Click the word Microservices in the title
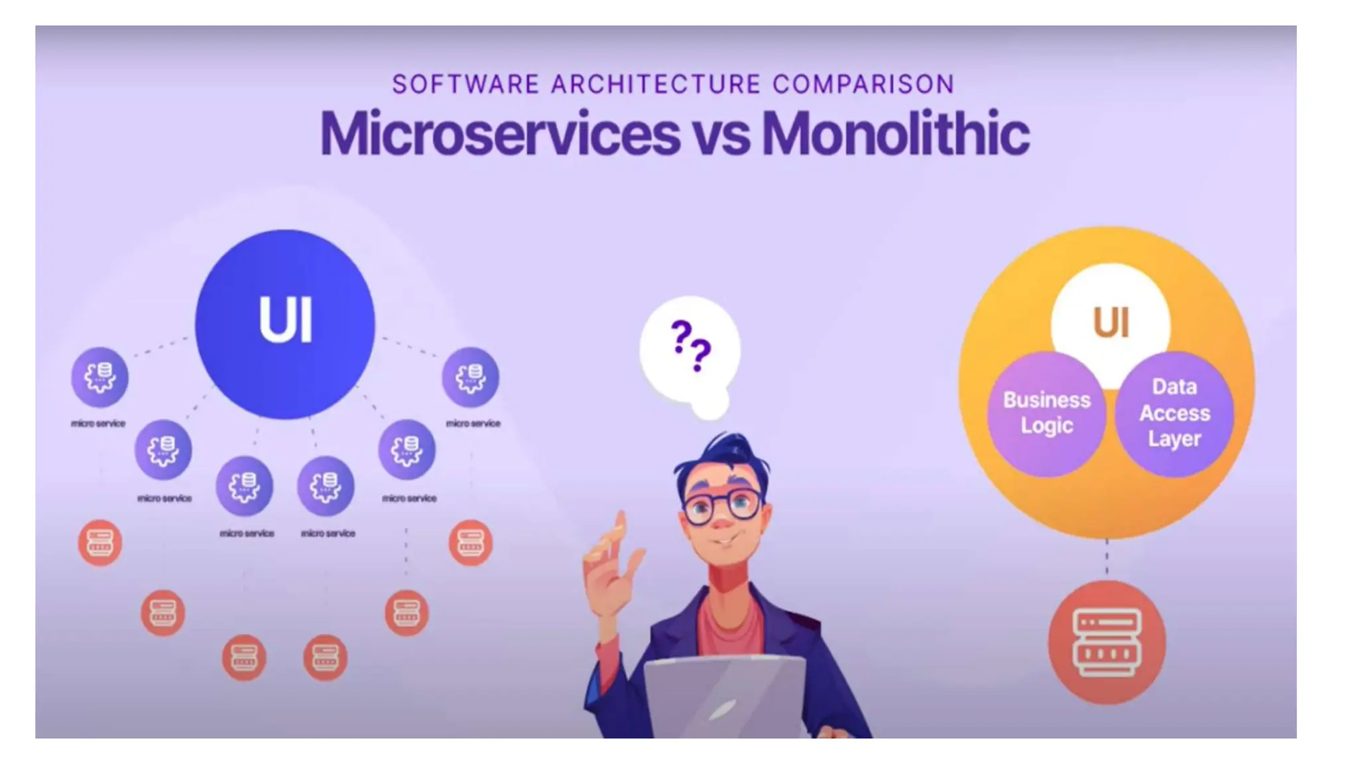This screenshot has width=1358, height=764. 499,134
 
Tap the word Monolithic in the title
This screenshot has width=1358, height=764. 895,134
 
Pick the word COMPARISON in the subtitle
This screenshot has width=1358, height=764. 863,85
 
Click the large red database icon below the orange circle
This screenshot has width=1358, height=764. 1107,642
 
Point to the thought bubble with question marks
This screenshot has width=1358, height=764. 690,348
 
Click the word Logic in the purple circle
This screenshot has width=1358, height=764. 1046,426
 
